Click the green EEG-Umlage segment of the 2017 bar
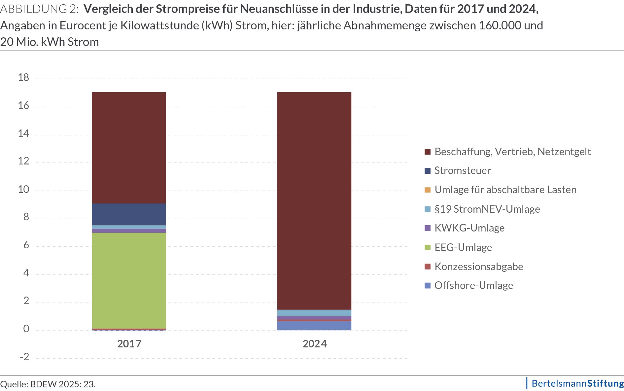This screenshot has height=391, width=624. click(129, 281)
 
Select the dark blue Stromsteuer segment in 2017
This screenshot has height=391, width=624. click(129, 214)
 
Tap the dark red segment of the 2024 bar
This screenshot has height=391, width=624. click(314, 198)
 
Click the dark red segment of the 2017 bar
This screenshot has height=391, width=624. click(129, 147)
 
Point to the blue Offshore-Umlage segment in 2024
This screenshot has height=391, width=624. click(314, 326)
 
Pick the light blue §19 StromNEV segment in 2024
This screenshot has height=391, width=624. click(314, 313)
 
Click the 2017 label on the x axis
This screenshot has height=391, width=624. click(129, 344)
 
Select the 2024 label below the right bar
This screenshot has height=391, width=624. click(315, 344)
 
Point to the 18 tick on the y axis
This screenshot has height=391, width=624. click(23, 78)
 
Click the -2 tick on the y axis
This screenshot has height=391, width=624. click(24, 357)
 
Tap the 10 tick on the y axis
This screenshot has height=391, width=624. click(23, 189)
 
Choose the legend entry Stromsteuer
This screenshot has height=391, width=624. click(462, 171)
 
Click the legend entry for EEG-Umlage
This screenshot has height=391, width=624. click(463, 247)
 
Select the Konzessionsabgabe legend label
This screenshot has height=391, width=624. click(478, 267)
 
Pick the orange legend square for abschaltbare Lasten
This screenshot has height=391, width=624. click(428, 190)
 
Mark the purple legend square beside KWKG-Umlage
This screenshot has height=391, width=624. click(428, 228)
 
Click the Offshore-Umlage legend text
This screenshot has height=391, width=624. click(473, 286)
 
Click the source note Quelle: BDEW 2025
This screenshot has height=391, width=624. click(48, 384)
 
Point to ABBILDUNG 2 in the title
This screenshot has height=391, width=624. click(39, 9)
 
